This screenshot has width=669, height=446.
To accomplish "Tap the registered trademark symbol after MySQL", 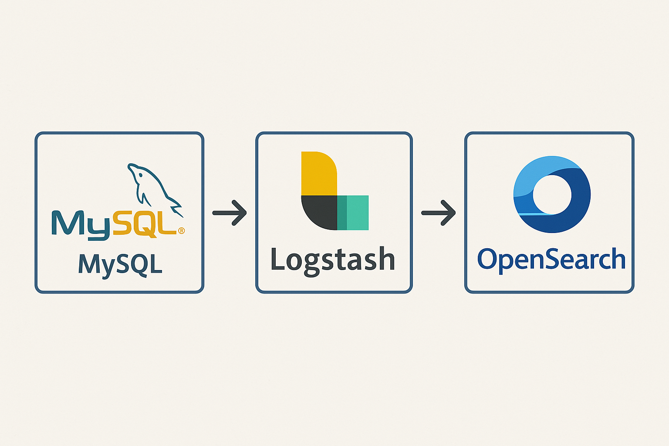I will [181, 230].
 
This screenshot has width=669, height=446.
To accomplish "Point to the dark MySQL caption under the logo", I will [120, 264].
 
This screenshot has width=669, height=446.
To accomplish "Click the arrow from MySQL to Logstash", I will [230, 213].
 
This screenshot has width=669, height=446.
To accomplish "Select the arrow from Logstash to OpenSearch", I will [438, 213].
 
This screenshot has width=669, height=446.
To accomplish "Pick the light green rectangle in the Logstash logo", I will [358, 213].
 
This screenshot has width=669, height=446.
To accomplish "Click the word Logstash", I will [333, 260].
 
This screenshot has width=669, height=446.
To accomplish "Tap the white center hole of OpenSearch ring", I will [552, 195].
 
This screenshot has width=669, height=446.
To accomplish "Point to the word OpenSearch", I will [551, 259].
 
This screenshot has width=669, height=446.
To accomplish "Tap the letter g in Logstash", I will [312, 263].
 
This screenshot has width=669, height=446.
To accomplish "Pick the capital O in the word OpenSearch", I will [488, 259].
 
